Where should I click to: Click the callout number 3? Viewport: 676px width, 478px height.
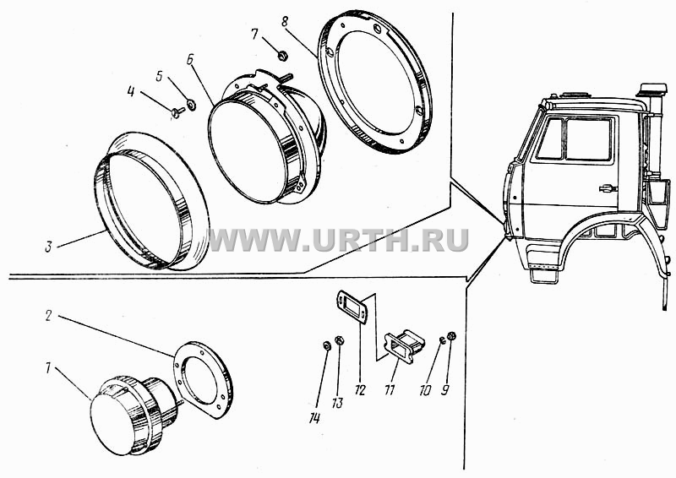(x=49, y=247)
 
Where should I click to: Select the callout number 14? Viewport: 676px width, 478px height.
(x=314, y=418)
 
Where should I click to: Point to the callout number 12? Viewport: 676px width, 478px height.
(x=360, y=390)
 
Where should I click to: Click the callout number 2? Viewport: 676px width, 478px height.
(x=49, y=316)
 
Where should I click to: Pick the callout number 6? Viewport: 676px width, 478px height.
(x=190, y=60)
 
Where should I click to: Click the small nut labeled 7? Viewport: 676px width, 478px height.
(x=283, y=55)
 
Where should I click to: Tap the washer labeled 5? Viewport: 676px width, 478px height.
(x=192, y=105)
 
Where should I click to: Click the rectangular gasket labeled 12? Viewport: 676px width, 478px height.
(x=352, y=307)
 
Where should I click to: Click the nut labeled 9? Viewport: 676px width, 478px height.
(x=452, y=335)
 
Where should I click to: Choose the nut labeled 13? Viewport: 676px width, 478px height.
(x=340, y=340)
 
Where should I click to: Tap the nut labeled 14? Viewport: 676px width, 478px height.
(x=326, y=345)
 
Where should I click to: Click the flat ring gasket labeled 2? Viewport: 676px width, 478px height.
(x=204, y=379)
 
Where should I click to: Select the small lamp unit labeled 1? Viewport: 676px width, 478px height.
(x=134, y=415)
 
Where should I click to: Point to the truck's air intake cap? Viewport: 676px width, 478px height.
(x=654, y=90)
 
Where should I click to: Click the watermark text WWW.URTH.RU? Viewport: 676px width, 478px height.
(x=339, y=240)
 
